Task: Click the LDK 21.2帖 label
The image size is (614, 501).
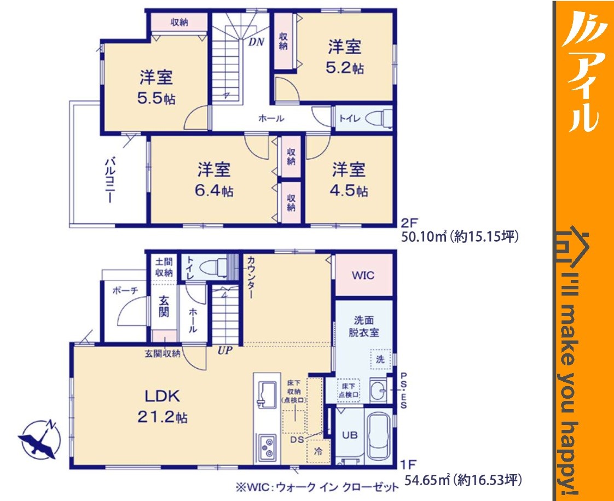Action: pyautogui.click(x=162, y=407)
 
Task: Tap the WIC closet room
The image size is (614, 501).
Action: pyautogui.click(x=363, y=275)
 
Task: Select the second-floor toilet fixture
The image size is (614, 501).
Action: pyautogui.click(x=376, y=118)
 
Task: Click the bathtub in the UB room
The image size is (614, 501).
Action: pyautogui.click(x=378, y=437)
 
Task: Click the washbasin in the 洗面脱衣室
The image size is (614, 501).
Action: pyautogui.click(x=378, y=390)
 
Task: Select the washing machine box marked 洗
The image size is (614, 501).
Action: pyautogui.click(x=381, y=359)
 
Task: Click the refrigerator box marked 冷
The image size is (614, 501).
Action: pyautogui.click(x=318, y=451)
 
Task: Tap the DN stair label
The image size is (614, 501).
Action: pyautogui.click(x=256, y=42)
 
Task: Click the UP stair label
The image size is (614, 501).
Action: pyautogui.click(x=225, y=350)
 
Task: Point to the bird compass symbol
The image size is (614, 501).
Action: pyautogui.click(x=39, y=439)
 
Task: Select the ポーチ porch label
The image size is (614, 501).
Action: pyautogui.click(x=125, y=290)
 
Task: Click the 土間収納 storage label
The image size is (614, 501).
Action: pyautogui.click(x=164, y=267)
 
